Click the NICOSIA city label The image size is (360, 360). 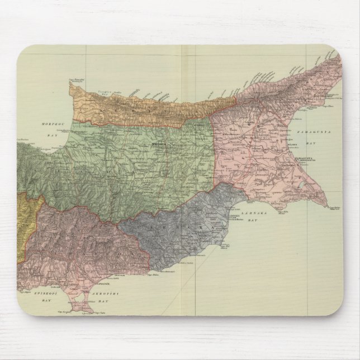click(159, 144)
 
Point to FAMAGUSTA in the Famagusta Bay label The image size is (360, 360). click(314, 131)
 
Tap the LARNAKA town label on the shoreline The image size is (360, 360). click(235, 215)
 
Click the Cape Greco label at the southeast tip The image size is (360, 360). click(334, 208)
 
